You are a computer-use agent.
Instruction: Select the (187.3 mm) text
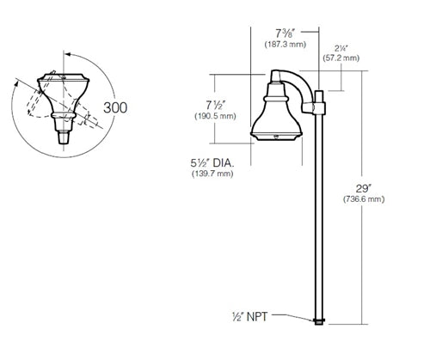click(x=286, y=41)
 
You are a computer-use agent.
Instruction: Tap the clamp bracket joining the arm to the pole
click(x=318, y=107)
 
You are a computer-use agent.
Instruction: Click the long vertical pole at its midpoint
click(x=319, y=215)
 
